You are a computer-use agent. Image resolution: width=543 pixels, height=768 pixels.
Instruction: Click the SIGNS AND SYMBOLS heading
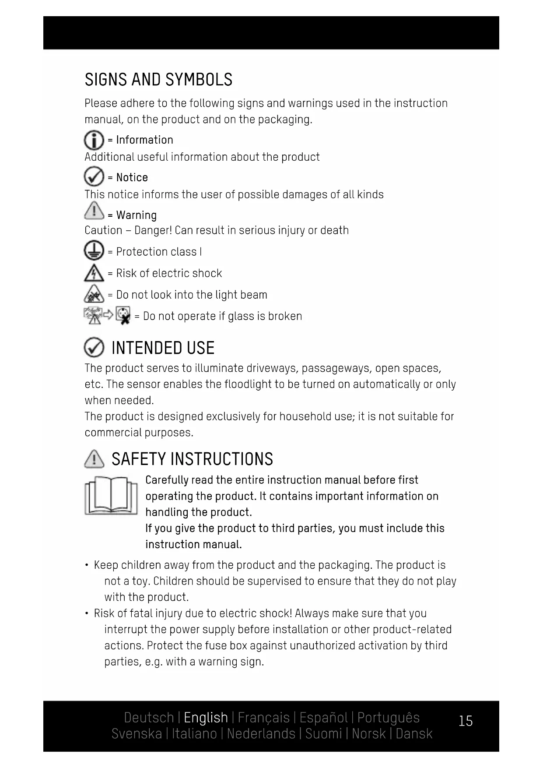click(158, 79)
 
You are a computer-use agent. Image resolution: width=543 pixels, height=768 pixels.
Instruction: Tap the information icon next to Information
click(94, 140)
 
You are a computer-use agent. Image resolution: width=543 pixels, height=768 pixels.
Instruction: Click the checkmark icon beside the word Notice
click(94, 177)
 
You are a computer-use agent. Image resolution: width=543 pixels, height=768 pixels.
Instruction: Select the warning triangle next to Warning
click(94, 211)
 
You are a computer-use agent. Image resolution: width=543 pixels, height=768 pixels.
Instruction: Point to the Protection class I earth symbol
click(94, 251)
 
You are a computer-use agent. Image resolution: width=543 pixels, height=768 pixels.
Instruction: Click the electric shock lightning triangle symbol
click(94, 273)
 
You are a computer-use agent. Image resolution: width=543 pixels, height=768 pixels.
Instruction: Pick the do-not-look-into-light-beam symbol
click(94, 294)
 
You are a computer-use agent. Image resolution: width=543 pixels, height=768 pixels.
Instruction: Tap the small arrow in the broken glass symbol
click(109, 314)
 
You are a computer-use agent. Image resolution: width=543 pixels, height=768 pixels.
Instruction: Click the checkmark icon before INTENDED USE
click(94, 348)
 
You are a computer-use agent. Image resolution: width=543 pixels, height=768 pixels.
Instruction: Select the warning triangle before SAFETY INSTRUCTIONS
click(94, 459)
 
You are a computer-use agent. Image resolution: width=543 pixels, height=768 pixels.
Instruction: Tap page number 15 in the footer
click(466, 720)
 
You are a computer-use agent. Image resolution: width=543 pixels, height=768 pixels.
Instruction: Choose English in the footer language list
click(206, 717)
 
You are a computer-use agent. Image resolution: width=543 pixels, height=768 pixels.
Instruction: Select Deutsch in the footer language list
click(149, 717)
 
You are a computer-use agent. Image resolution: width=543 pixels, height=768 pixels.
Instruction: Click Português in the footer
click(388, 717)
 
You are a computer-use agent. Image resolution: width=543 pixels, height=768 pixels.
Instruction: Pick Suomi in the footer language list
click(323, 733)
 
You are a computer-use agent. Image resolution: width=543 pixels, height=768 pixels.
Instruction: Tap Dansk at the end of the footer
click(413, 733)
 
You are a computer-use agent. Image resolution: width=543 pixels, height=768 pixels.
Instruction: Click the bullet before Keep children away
click(87, 565)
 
